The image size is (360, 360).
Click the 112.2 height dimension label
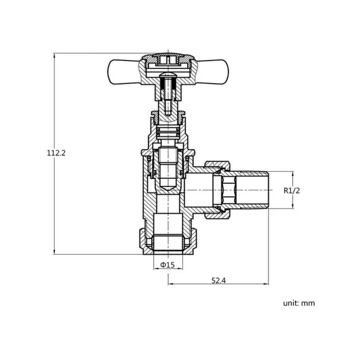coord(56,153)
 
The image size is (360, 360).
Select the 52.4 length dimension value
coord(218,280)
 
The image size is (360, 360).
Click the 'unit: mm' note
coord(299,303)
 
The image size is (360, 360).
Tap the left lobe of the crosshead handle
coord(123,70)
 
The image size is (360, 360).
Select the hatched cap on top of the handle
coord(167,57)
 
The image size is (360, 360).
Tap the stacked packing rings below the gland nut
coord(167,133)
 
